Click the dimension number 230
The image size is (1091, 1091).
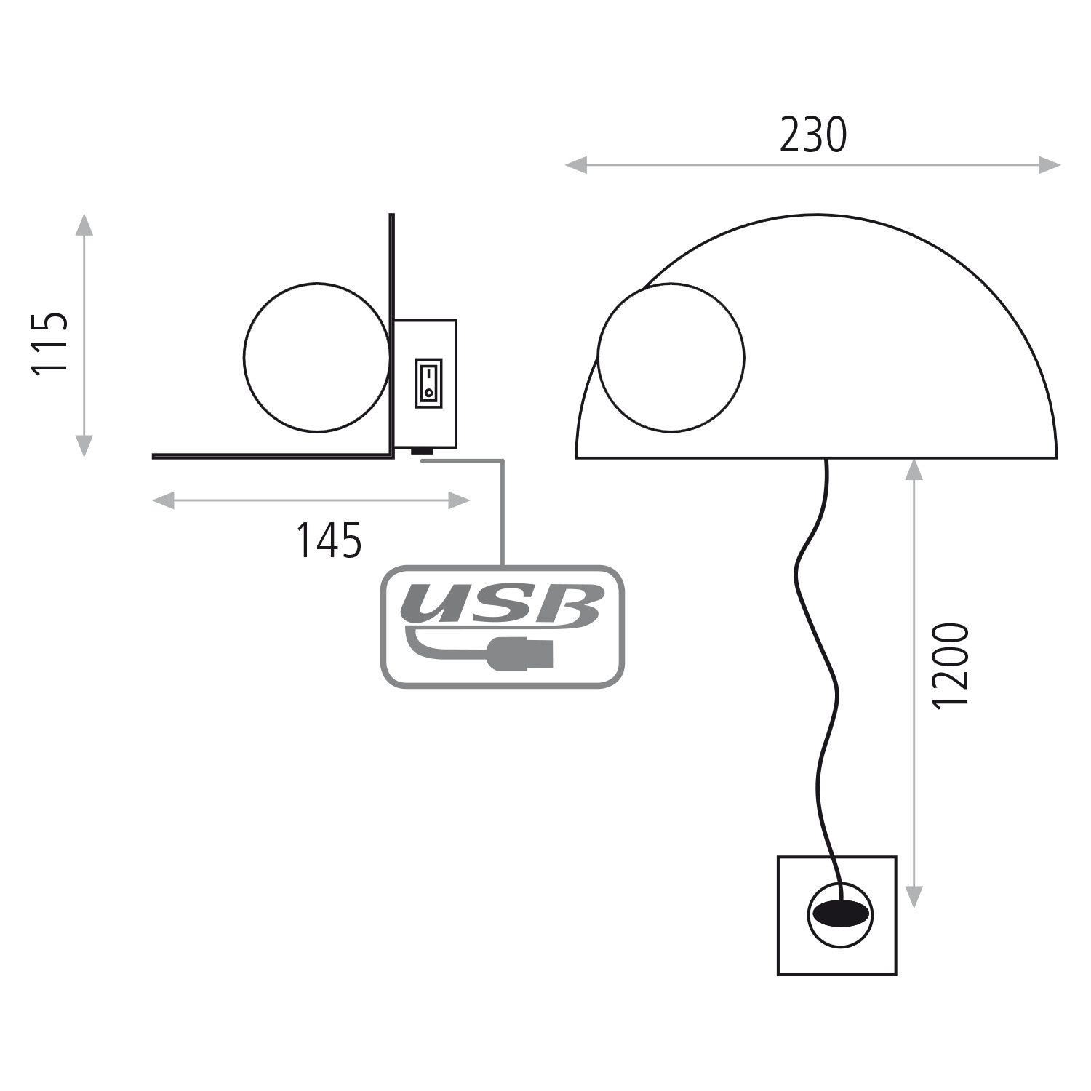click(x=813, y=135)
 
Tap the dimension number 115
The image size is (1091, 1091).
click(x=49, y=343)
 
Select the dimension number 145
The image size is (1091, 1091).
click(x=329, y=540)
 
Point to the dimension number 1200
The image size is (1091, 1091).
click(x=951, y=664)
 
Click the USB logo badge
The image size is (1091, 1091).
click(x=503, y=626)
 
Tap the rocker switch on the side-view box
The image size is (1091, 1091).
click(x=428, y=382)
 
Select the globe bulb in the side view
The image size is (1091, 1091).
click(x=317, y=357)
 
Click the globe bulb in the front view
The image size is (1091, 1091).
click(x=671, y=357)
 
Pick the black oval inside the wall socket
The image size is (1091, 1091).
click(x=840, y=912)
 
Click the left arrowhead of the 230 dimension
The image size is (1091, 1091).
click(x=575, y=166)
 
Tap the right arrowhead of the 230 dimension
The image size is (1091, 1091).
click(x=1050, y=165)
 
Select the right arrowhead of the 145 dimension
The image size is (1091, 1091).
click(x=460, y=500)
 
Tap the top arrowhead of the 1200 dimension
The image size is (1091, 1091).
click(x=914, y=469)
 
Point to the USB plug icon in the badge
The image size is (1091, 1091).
click(x=522, y=652)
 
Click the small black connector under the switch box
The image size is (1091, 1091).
click(x=422, y=452)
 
